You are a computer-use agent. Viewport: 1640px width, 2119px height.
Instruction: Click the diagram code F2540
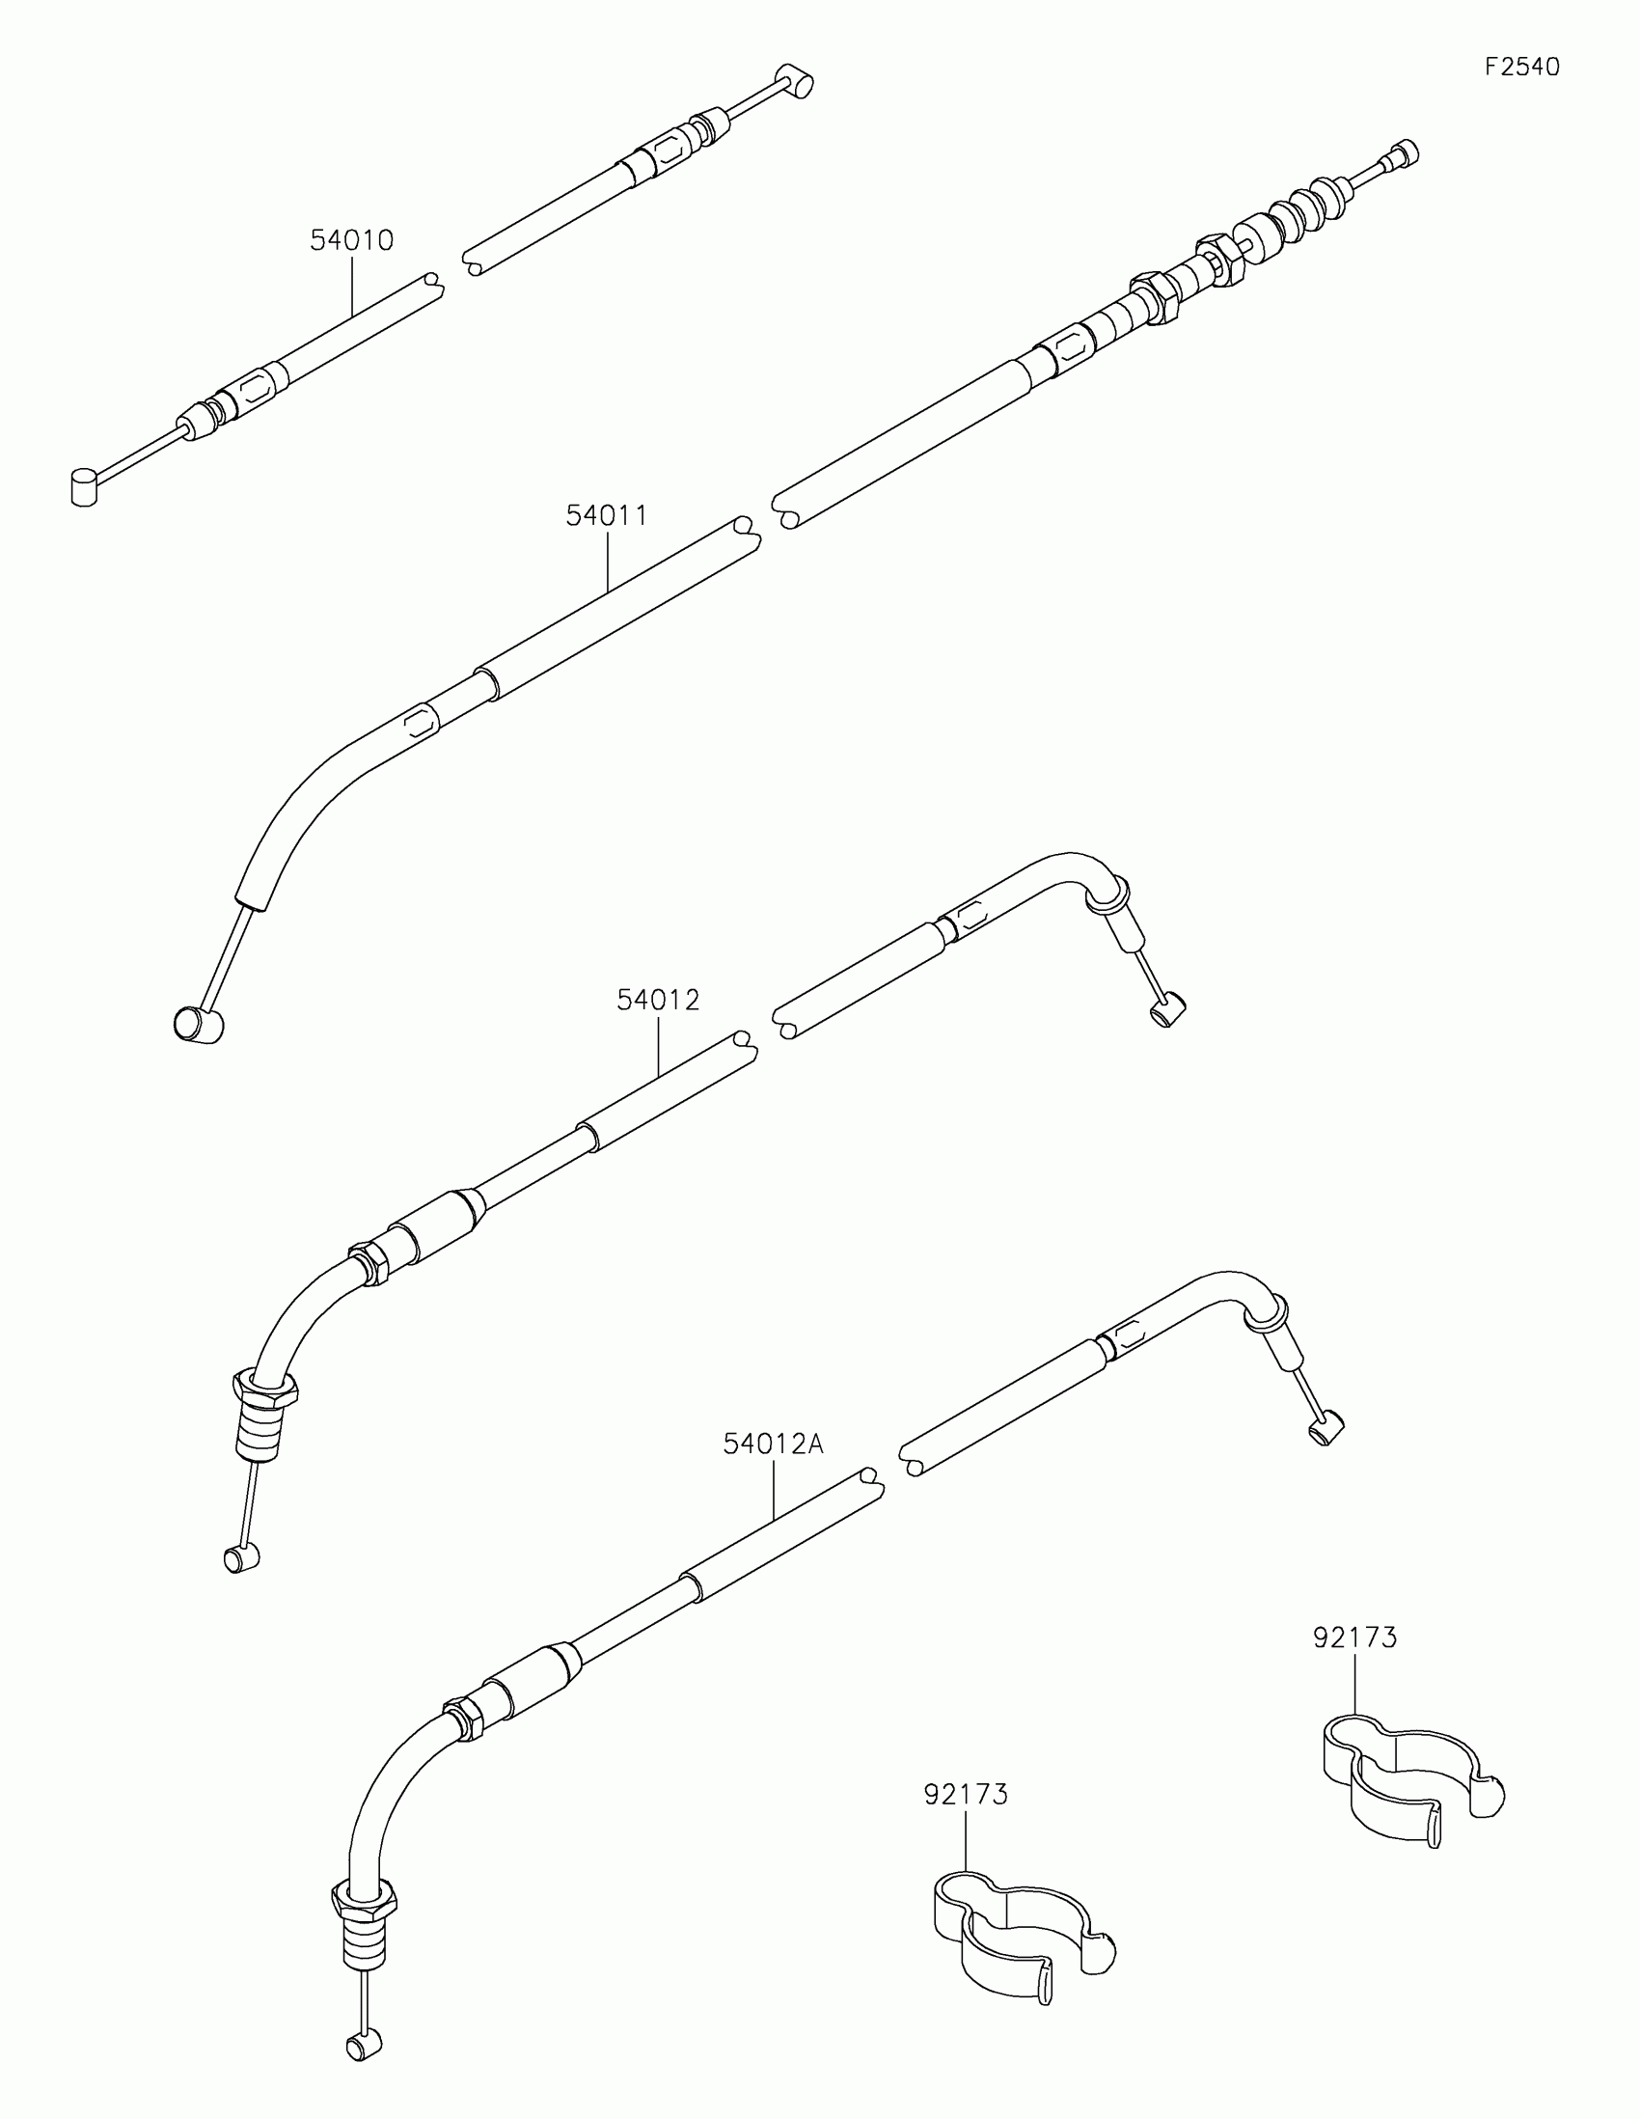click(x=1521, y=67)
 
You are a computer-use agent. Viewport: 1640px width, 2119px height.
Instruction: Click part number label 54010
click(x=351, y=240)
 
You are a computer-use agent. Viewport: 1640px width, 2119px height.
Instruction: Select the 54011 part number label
click(x=606, y=515)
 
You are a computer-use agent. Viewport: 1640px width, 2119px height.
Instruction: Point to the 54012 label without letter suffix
click(x=658, y=1000)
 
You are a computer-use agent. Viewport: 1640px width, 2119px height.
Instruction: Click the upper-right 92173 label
click(x=1354, y=1637)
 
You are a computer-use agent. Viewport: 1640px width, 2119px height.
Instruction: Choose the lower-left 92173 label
click(x=965, y=1795)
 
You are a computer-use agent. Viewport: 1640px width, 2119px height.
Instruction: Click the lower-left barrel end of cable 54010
click(x=85, y=486)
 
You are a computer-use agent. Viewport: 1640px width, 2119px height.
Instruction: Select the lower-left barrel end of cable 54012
click(x=240, y=1558)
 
